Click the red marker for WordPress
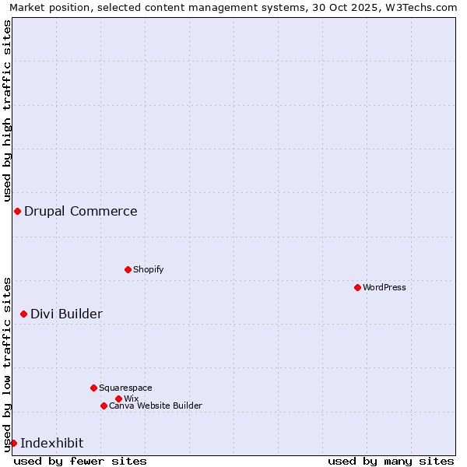pyautogui.click(x=357, y=287)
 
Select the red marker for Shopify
pyautogui.click(x=128, y=269)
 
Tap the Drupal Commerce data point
pyautogui.click(x=17, y=211)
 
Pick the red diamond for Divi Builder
pyautogui.click(x=23, y=314)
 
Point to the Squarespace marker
pyautogui.click(x=93, y=388)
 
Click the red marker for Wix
pyautogui.click(x=118, y=399)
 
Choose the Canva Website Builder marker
pyautogui.click(x=104, y=406)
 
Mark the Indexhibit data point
pyautogui.click(x=13, y=443)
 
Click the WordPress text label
pyautogui.click(x=384, y=287)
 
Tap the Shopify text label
pyautogui.click(x=148, y=269)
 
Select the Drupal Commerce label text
pyautogui.click(x=81, y=211)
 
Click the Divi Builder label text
pyautogui.click(x=67, y=314)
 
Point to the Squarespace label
pyautogui.click(x=125, y=388)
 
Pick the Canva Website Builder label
pyautogui.click(x=156, y=406)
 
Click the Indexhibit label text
pyautogui.click(x=52, y=443)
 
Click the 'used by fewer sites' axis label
pyautogui.click(x=80, y=461)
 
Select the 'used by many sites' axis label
pyautogui.click(x=391, y=461)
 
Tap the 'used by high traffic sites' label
pyautogui.click(x=8, y=111)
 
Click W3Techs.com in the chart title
pyautogui.click(x=420, y=7)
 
